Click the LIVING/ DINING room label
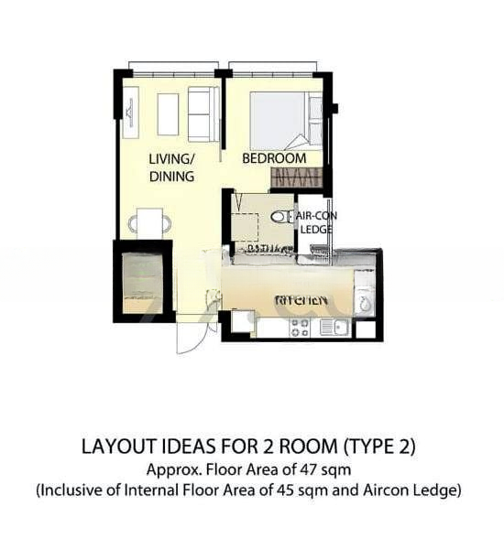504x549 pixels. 171,167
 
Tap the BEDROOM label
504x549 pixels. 273,158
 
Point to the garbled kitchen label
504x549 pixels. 301,300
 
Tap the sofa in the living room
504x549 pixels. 203,114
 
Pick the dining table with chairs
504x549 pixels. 149,221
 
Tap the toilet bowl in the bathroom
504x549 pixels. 279,218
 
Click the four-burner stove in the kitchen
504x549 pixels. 301,328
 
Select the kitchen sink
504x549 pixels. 333,328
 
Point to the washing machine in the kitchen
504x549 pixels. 365,302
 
